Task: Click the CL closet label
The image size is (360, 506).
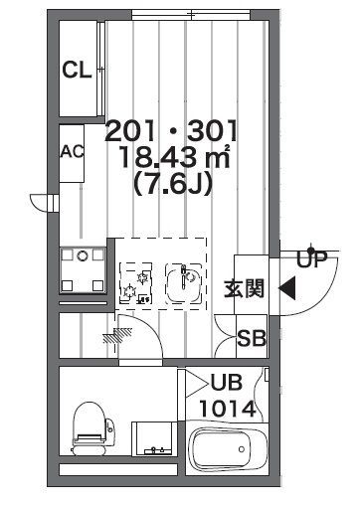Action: coord(77,70)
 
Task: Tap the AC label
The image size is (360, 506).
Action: coord(73,152)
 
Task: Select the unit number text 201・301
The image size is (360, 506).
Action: coord(171,130)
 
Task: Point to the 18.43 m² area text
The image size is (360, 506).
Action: coord(175,157)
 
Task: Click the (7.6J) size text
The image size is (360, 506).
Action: coord(172,183)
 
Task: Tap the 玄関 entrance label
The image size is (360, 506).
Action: coord(245,288)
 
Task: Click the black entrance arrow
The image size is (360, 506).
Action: coord(287,288)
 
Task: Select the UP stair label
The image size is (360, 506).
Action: coord(311,259)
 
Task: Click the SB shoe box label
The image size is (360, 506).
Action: coord(252,338)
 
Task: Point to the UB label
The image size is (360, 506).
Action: coord(227,383)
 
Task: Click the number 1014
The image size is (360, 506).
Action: coord(228,409)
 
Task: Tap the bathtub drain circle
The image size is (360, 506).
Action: coord(242,449)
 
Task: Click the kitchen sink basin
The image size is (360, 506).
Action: coord(184,282)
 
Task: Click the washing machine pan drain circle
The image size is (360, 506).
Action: coord(83,255)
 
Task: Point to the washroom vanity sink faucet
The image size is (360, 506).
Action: coord(153,449)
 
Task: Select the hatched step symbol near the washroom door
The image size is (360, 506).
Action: coord(117,335)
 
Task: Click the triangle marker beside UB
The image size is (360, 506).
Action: coord(196,384)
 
